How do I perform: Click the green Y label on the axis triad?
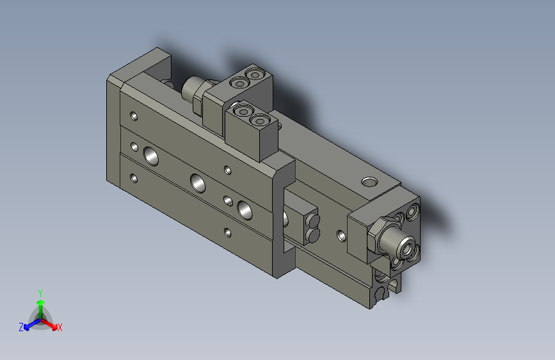[x=40, y=291]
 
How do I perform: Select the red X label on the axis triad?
[x=60, y=327]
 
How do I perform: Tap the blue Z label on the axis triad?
[x=21, y=327]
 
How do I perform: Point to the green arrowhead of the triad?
[x=40, y=302]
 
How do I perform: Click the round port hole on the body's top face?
[x=369, y=182]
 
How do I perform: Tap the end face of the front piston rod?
[x=405, y=245]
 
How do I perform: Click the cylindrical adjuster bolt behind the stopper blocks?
[x=192, y=90]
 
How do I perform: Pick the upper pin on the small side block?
[x=314, y=222]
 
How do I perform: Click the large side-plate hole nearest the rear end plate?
[x=152, y=155]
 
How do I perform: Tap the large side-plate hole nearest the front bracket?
[x=245, y=208]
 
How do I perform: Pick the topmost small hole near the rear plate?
[x=134, y=116]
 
